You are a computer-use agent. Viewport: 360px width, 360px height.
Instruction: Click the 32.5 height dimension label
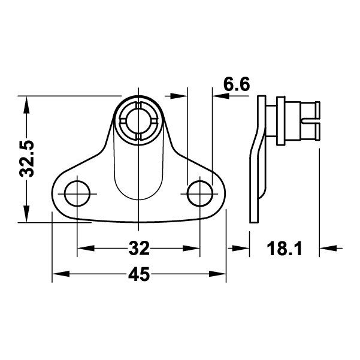[x=27, y=159]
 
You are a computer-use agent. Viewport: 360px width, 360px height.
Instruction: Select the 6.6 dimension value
[x=236, y=84]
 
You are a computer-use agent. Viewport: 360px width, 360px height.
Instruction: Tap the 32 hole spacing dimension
[x=138, y=247]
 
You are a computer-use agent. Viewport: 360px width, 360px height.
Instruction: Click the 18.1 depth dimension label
[x=286, y=247]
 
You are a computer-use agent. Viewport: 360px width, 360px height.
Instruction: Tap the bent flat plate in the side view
[x=254, y=174]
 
